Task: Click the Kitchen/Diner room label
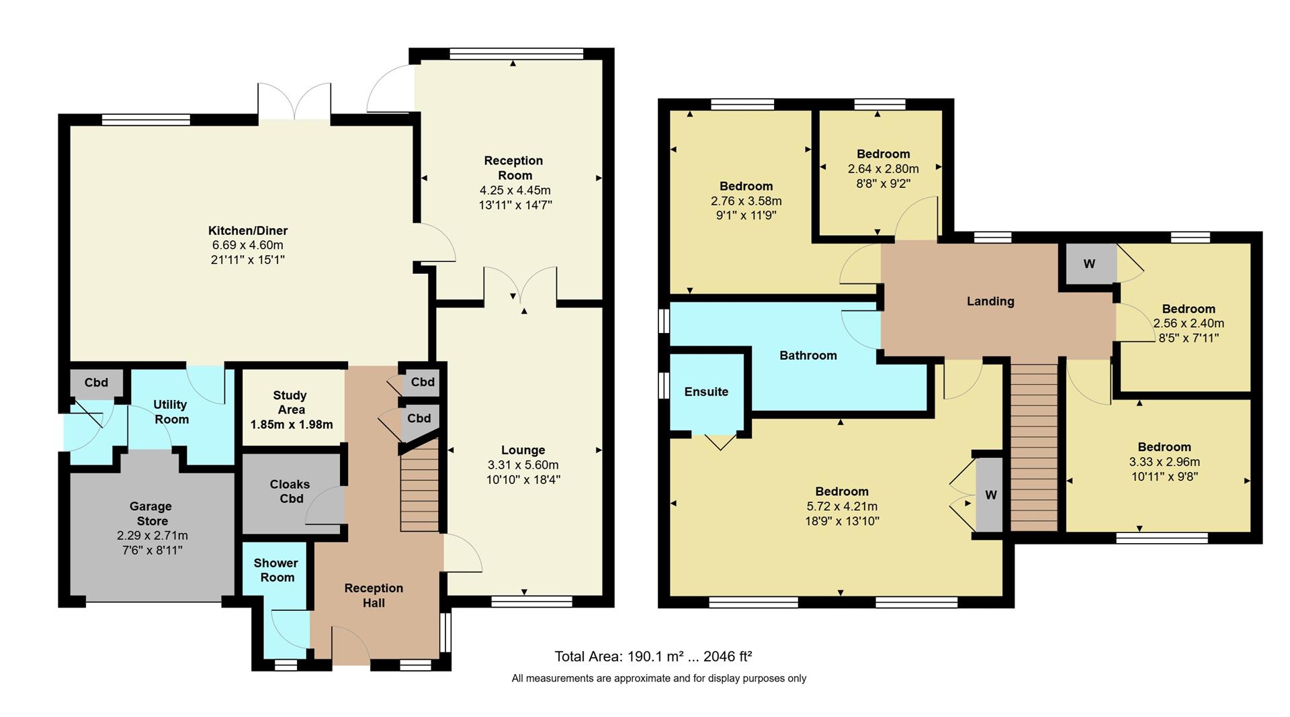point(247,231)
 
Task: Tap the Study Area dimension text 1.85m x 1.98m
point(291,425)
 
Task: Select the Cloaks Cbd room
point(290,491)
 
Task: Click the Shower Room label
point(276,570)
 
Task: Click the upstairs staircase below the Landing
point(1034,446)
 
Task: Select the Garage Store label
point(151,514)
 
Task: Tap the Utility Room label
point(171,412)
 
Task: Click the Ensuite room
point(706,392)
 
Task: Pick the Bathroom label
point(808,356)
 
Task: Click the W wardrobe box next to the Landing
point(1089,264)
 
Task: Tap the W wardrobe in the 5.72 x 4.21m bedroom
point(990,495)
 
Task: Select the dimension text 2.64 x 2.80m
point(883,169)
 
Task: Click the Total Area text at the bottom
point(652,657)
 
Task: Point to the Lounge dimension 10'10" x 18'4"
point(523,480)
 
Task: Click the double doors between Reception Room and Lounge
point(520,285)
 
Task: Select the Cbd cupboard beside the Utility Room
point(96,383)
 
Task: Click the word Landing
point(990,301)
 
